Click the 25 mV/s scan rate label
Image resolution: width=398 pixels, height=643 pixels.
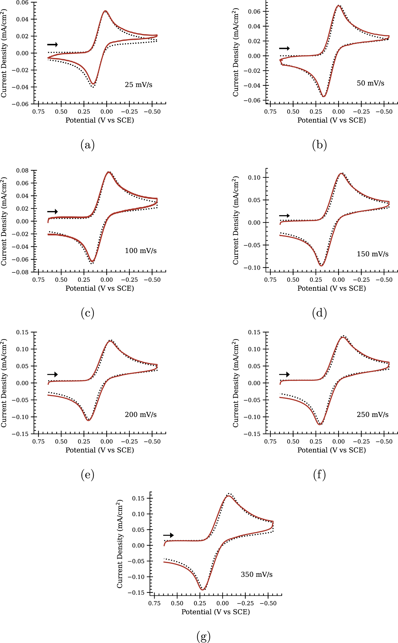point(138,85)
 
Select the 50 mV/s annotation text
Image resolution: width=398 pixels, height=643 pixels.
point(370,83)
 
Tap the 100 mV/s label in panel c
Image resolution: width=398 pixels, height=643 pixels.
point(140,251)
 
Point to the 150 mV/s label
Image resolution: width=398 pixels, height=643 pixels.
point(372,254)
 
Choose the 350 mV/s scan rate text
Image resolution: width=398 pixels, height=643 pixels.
point(256,574)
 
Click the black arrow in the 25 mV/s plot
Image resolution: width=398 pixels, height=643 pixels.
point(52,44)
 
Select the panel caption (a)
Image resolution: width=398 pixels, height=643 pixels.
point(87,145)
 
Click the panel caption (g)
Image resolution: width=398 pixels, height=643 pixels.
point(204,637)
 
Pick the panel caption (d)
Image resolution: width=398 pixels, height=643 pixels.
point(319,313)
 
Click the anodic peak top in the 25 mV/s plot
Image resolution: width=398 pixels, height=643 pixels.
point(105,11)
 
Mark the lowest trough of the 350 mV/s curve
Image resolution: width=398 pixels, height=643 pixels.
point(202,589)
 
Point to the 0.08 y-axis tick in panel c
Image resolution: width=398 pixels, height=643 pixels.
point(22,171)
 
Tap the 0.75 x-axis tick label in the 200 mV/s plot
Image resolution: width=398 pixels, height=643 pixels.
point(39,442)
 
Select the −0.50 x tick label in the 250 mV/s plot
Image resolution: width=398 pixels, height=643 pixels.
point(384,442)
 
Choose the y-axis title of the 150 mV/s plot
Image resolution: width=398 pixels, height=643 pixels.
point(236,220)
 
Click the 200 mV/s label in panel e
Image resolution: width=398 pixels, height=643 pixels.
point(140,415)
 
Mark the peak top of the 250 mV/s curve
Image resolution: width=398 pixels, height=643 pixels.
point(343,337)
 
